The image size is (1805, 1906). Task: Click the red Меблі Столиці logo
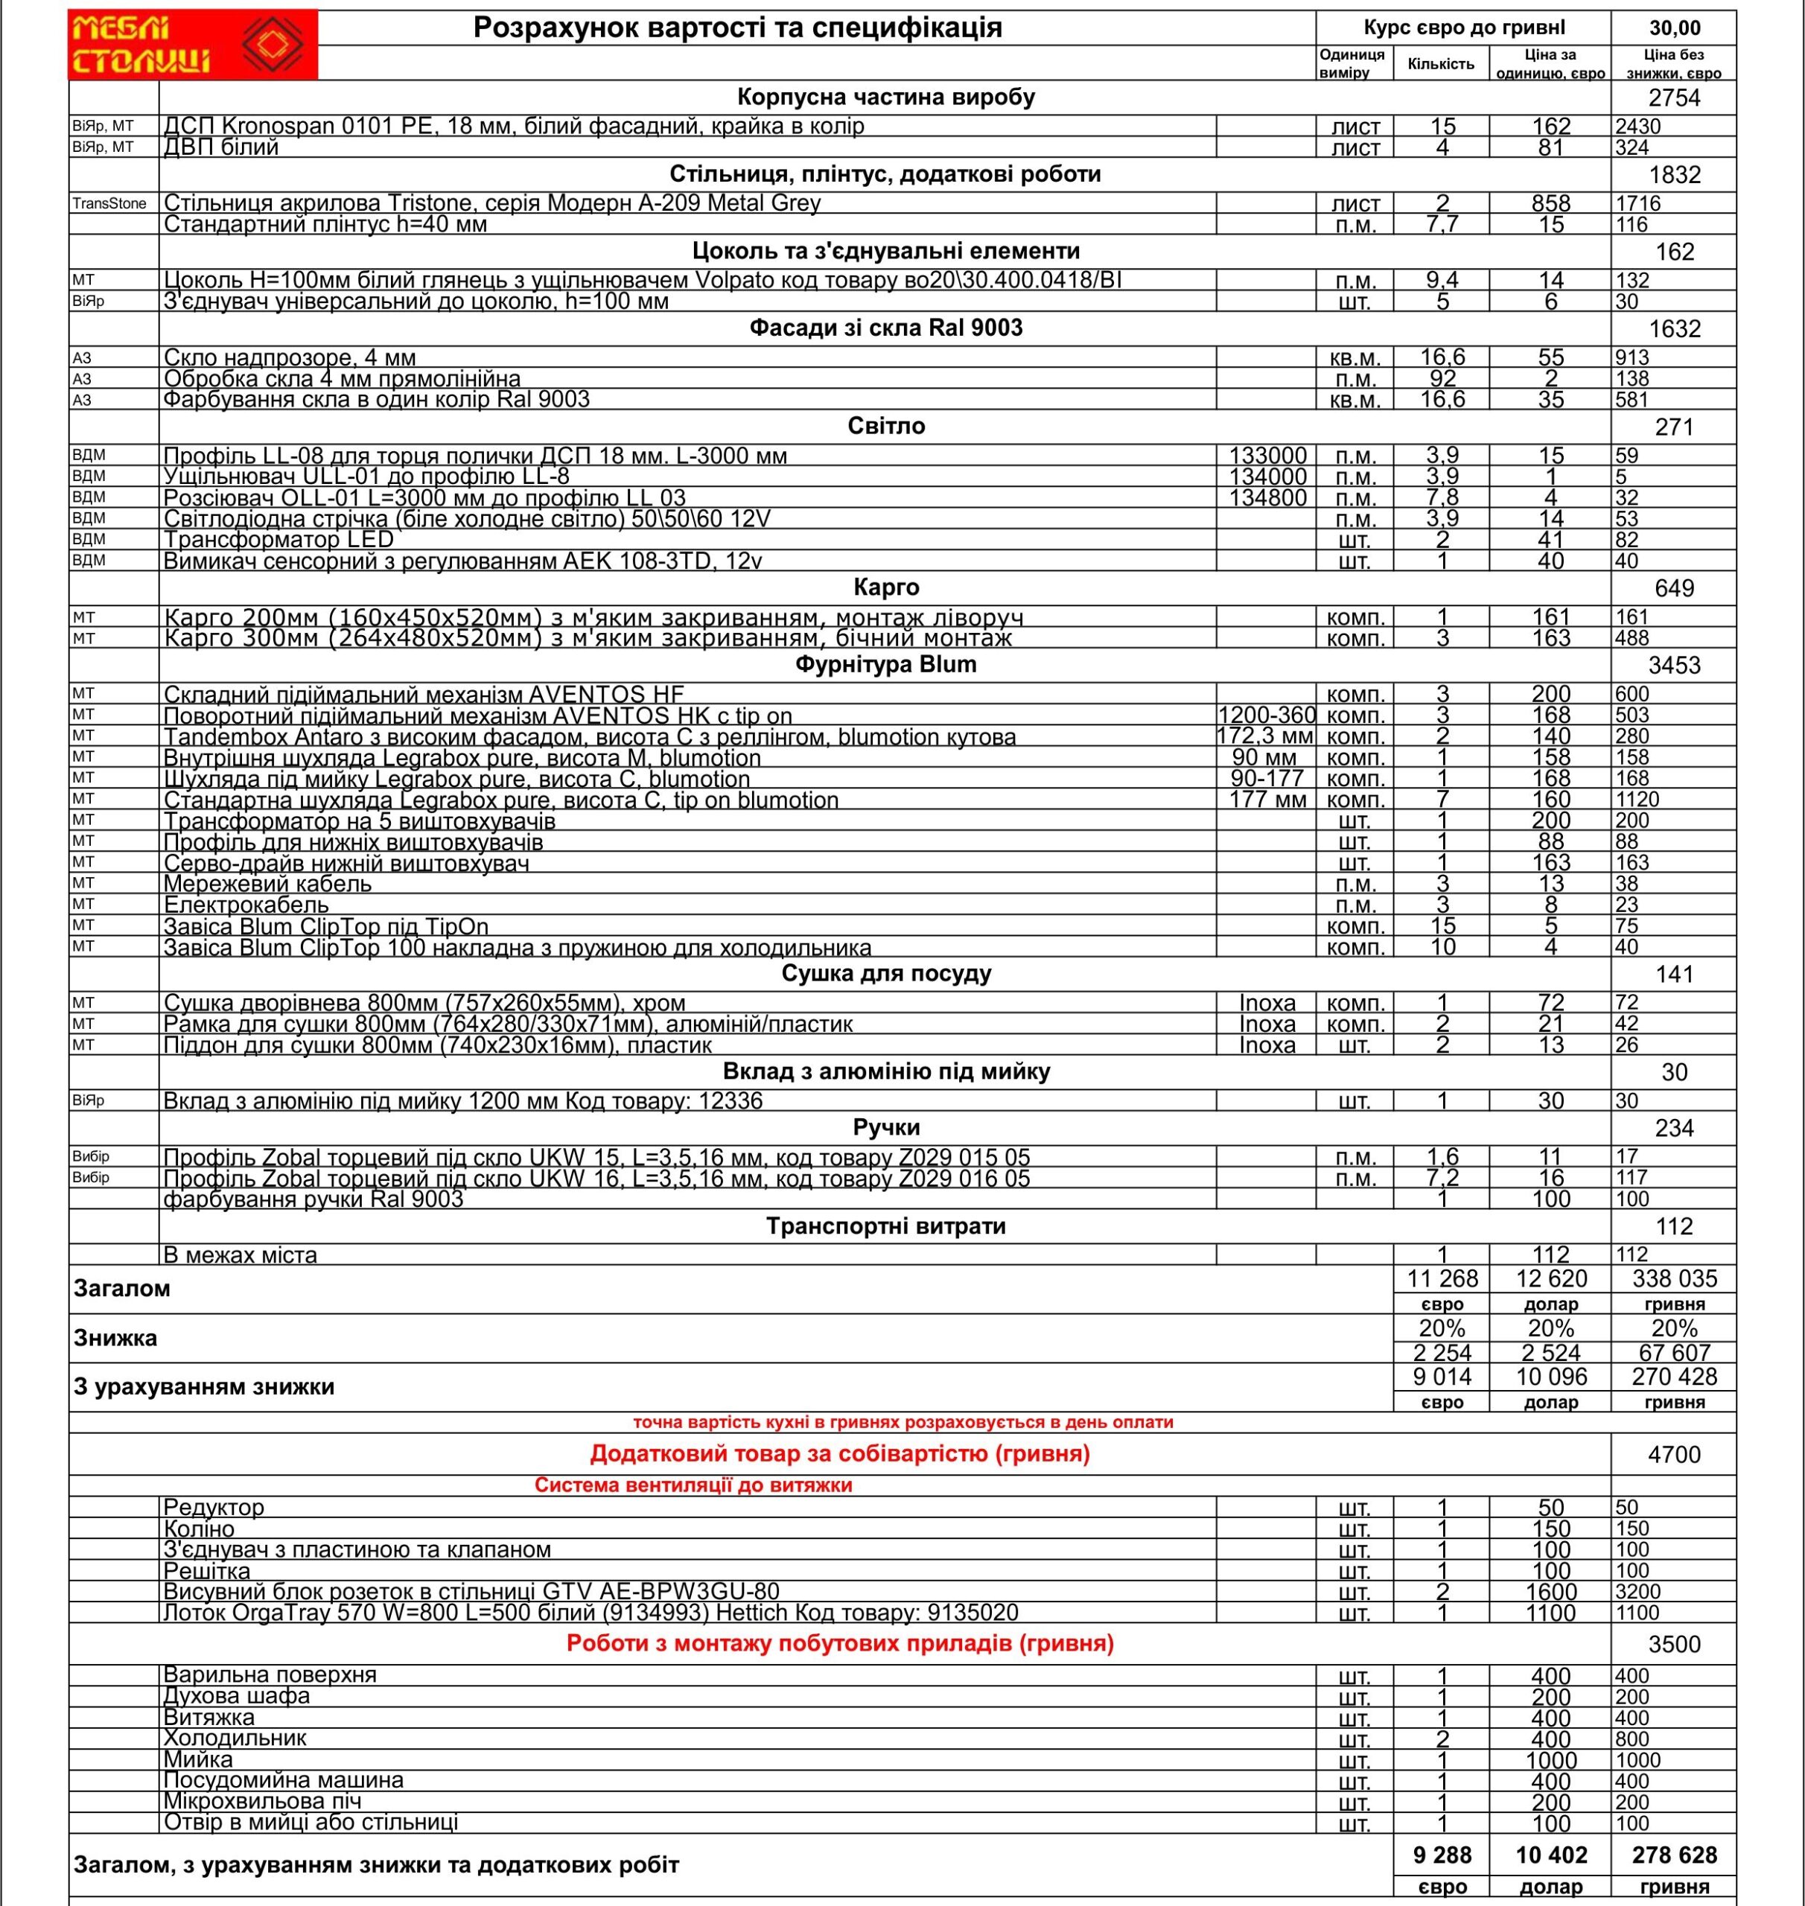pos(192,44)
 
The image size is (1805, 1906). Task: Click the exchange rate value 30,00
pos(1674,28)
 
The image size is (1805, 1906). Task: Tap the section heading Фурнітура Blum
pos(885,665)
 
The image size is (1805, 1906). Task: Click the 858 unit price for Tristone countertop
pos(1551,203)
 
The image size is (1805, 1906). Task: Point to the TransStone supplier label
pos(109,204)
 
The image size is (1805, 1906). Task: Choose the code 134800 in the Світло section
pos(1267,497)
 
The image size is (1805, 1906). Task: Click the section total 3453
pos(1674,666)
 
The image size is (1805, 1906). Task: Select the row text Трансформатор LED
pos(279,540)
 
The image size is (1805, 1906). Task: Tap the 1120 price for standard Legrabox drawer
pos(1637,800)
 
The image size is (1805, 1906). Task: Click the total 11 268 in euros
pos(1442,1278)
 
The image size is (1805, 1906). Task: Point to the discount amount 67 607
pos(1674,1353)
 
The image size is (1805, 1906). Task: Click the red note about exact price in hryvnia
pos(902,1422)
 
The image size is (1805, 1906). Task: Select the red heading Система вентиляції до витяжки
pos(693,1485)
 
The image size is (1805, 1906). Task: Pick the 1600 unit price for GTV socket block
pos(1551,1591)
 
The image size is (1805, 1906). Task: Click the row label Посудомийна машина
pos(283,1780)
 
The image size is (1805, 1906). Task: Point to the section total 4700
pos(1674,1455)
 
